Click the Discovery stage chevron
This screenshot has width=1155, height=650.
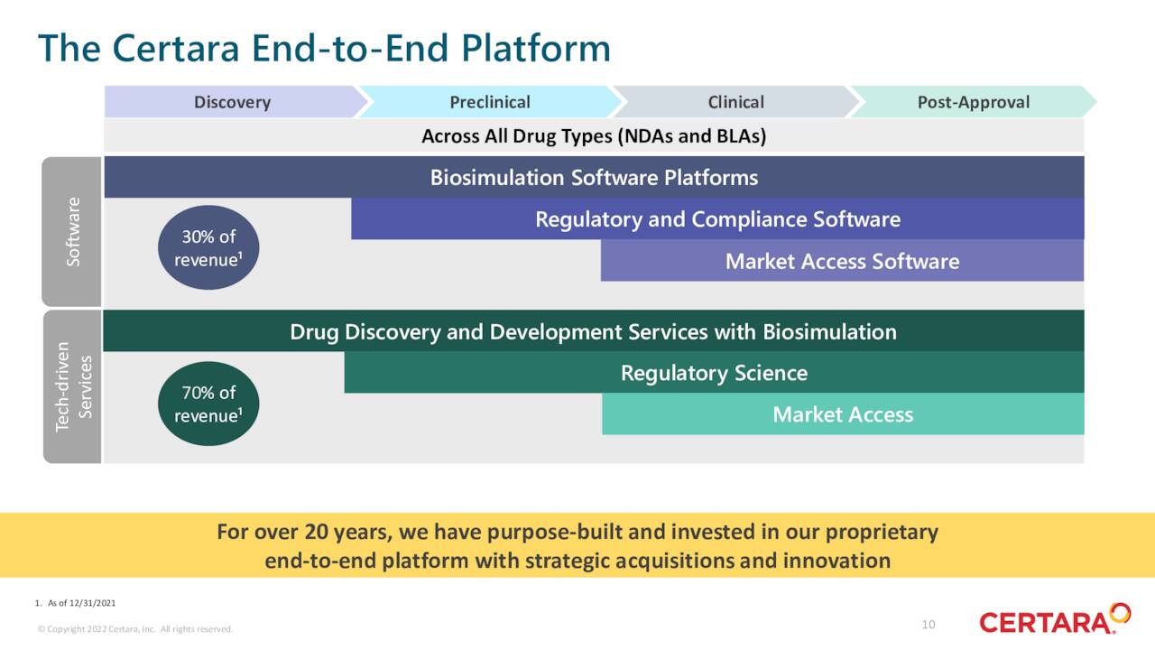[232, 102]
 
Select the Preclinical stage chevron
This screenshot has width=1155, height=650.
[490, 102]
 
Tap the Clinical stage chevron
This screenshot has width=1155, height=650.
[735, 102]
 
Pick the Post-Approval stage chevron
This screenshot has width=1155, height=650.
[973, 102]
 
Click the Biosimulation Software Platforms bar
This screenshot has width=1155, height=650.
[594, 177]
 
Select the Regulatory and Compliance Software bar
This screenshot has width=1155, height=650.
[717, 219]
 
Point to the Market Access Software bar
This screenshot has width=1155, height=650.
[842, 261]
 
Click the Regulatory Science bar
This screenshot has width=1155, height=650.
[714, 373]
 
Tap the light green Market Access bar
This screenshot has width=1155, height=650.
[843, 414]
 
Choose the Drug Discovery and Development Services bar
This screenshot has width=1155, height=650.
[593, 331]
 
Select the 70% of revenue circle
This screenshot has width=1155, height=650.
[208, 404]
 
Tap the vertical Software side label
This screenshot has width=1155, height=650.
[72, 232]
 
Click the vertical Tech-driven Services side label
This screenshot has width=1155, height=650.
[72, 386]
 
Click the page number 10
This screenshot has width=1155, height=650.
[929, 625]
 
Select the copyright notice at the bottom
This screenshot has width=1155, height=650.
[135, 629]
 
